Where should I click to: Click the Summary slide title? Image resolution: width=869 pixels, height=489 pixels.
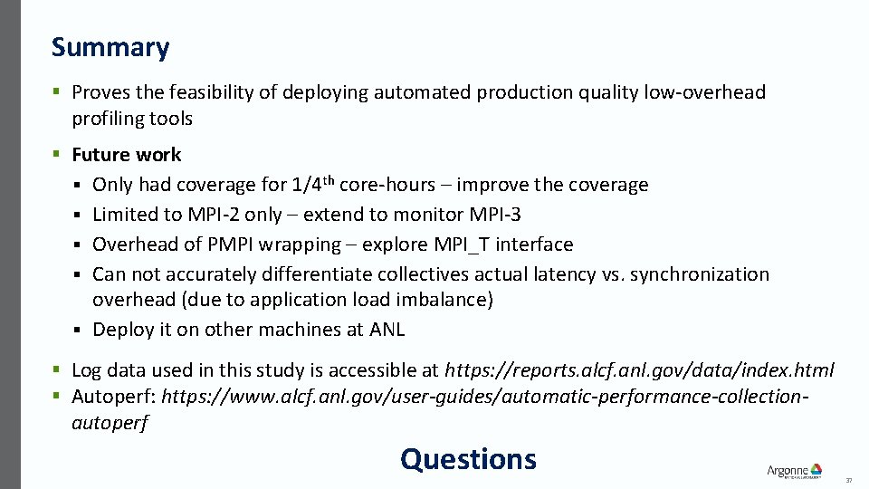click(x=110, y=47)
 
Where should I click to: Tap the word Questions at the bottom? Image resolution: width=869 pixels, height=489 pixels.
click(x=468, y=459)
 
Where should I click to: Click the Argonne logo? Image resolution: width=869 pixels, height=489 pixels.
click(x=794, y=470)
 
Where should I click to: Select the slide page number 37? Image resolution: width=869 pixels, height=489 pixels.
click(x=848, y=480)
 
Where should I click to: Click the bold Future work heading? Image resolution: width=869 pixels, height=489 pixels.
click(x=126, y=155)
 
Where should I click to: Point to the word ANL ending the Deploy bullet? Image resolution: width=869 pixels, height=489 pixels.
click(x=387, y=330)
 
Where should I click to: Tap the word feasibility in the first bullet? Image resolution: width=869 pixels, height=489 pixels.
click(x=208, y=92)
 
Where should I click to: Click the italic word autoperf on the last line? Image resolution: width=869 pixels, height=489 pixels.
click(x=110, y=422)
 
